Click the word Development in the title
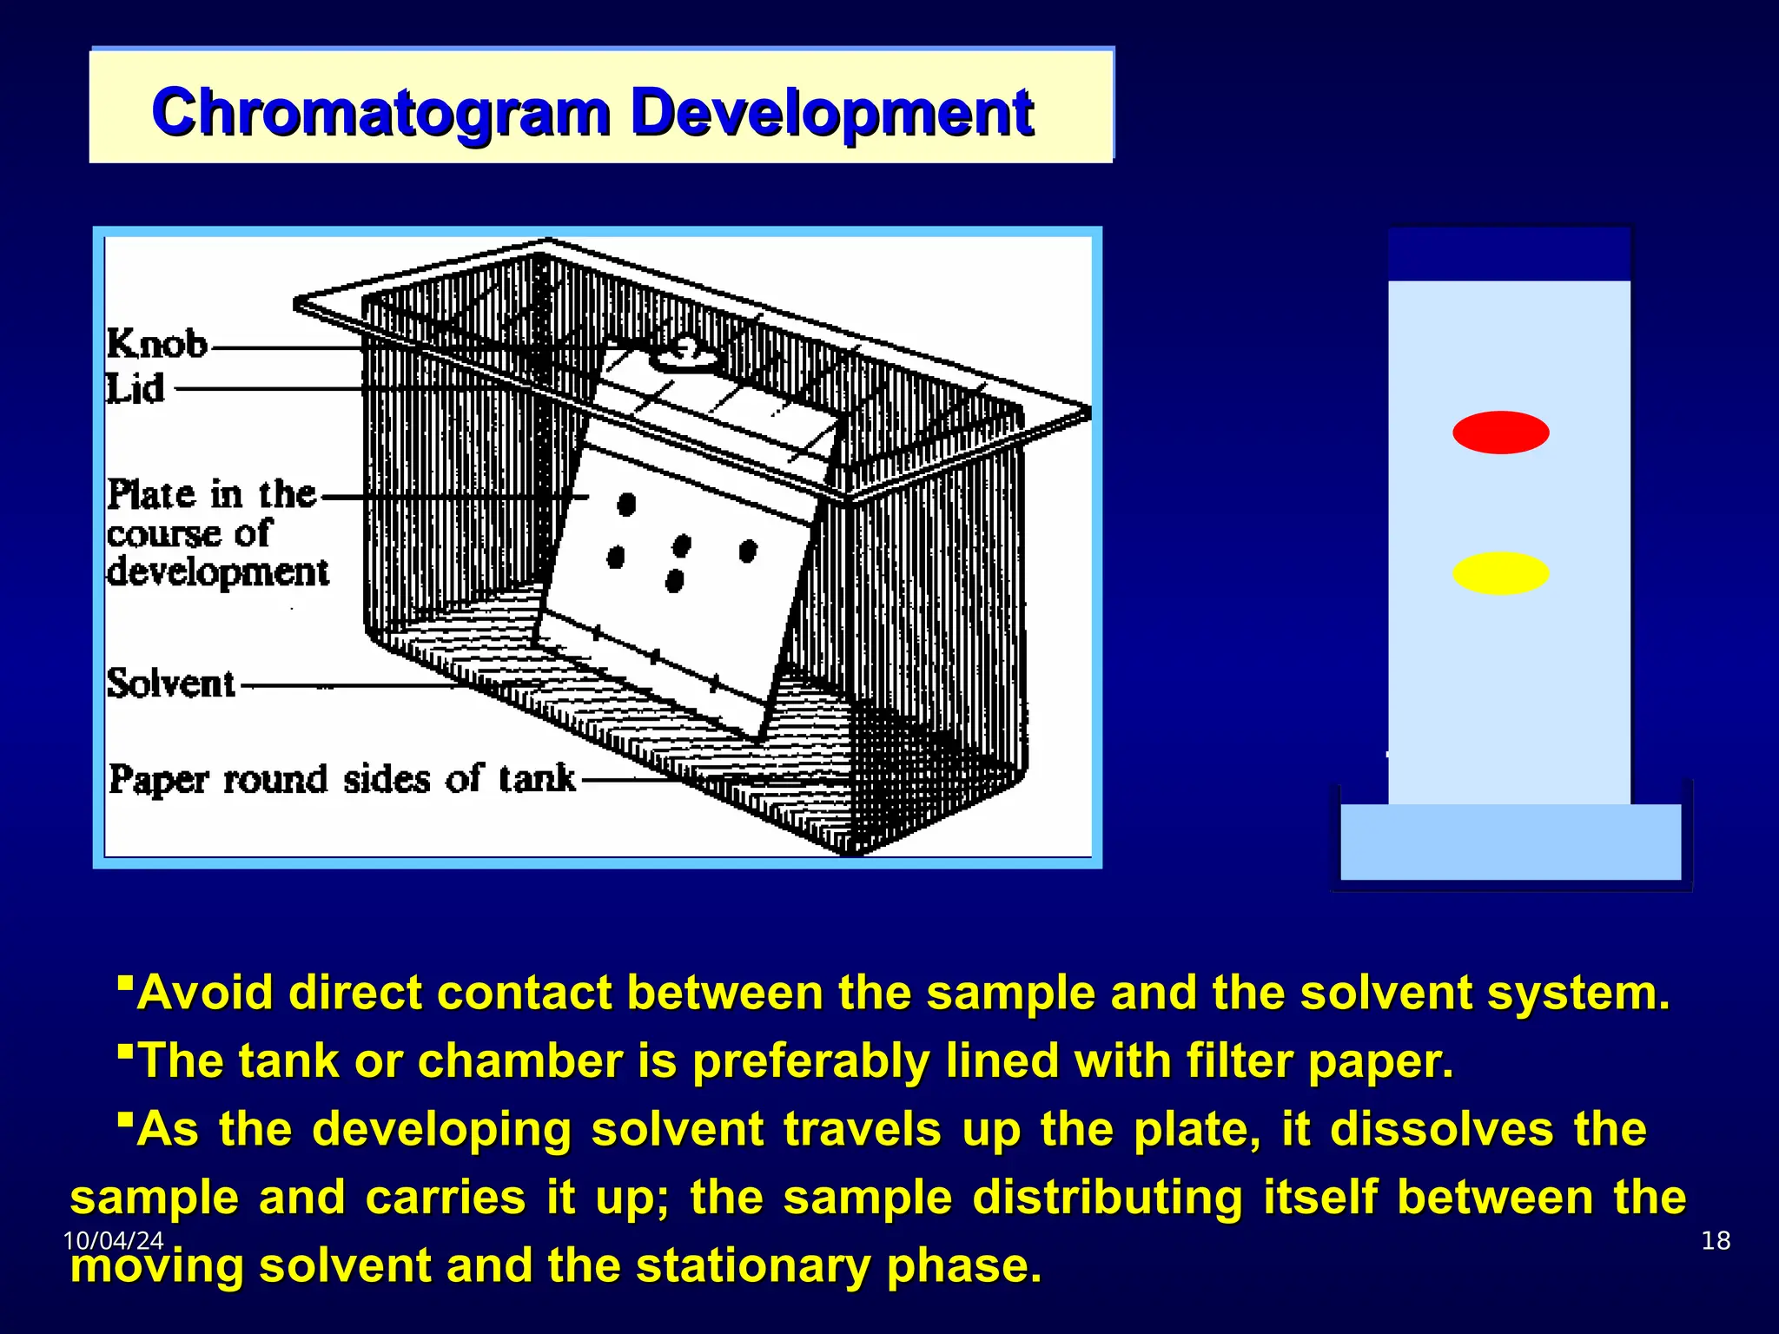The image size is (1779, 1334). (831, 113)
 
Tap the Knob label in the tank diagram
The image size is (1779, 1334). (157, 345)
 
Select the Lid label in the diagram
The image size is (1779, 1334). (136, 388)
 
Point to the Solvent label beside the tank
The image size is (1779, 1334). (171, 684)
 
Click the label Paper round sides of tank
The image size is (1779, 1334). (342, 779)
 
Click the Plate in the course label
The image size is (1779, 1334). (211, 495)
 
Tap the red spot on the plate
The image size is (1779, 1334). (1500, 433)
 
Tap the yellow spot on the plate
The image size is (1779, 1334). (1500, 573)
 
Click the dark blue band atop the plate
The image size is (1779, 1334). (1509, 254)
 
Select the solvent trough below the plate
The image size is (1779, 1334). (1511, 842)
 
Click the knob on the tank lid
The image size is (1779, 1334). (685, 354)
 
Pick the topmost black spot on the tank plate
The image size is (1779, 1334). (626, 504)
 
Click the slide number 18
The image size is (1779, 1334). (1716, 1240)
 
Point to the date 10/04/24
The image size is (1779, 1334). (113, 1240)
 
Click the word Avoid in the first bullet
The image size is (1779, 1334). (205, 993)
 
